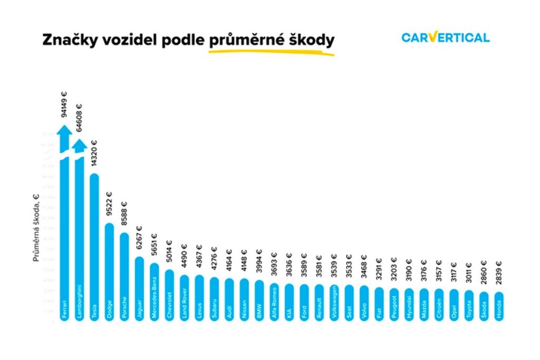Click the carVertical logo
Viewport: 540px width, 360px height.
tap(445, 37)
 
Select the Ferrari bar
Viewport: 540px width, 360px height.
tap(64, 237)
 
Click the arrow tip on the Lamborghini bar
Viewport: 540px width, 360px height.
tap(79, 143)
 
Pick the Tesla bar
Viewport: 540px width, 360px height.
tap(94, 248)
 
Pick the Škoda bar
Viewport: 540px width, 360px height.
tap(484, 306)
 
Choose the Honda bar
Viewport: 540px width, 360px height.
tap(498, 306)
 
